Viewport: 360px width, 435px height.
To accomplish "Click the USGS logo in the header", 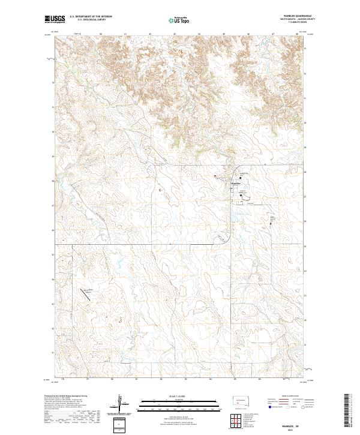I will (x=55, y=20).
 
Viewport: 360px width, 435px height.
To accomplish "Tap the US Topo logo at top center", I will (x=179, y=20).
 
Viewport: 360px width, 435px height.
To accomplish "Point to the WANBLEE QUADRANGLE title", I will (x=293, y=16).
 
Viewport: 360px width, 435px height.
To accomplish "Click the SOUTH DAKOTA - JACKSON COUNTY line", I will (x=293, y=20).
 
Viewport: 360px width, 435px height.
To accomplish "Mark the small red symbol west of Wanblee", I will (x=214, y=176).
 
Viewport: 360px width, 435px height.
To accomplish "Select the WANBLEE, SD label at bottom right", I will (x=293, y=419).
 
